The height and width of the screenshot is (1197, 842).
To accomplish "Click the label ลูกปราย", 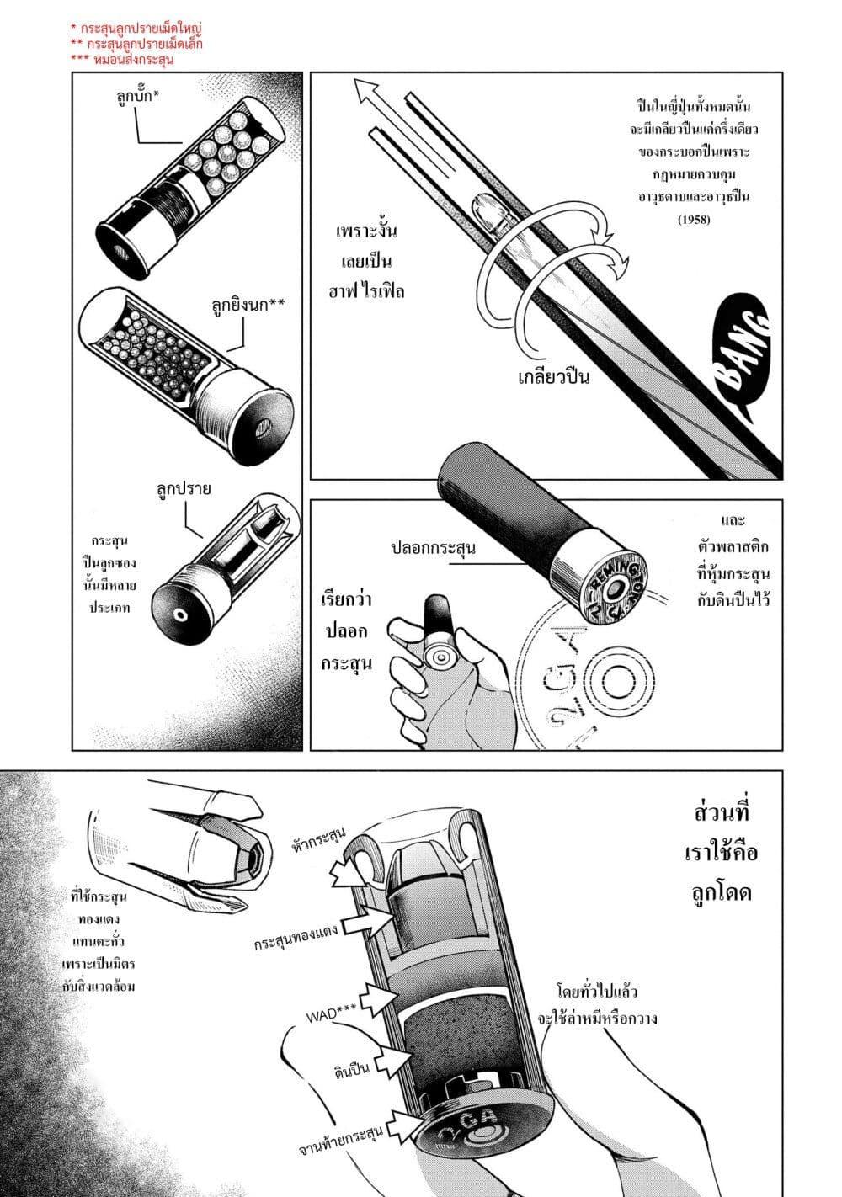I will [182, 487].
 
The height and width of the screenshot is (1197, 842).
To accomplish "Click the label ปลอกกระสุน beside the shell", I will [434, 547].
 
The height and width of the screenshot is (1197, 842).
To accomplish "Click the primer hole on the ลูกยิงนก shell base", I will [260, 428].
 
